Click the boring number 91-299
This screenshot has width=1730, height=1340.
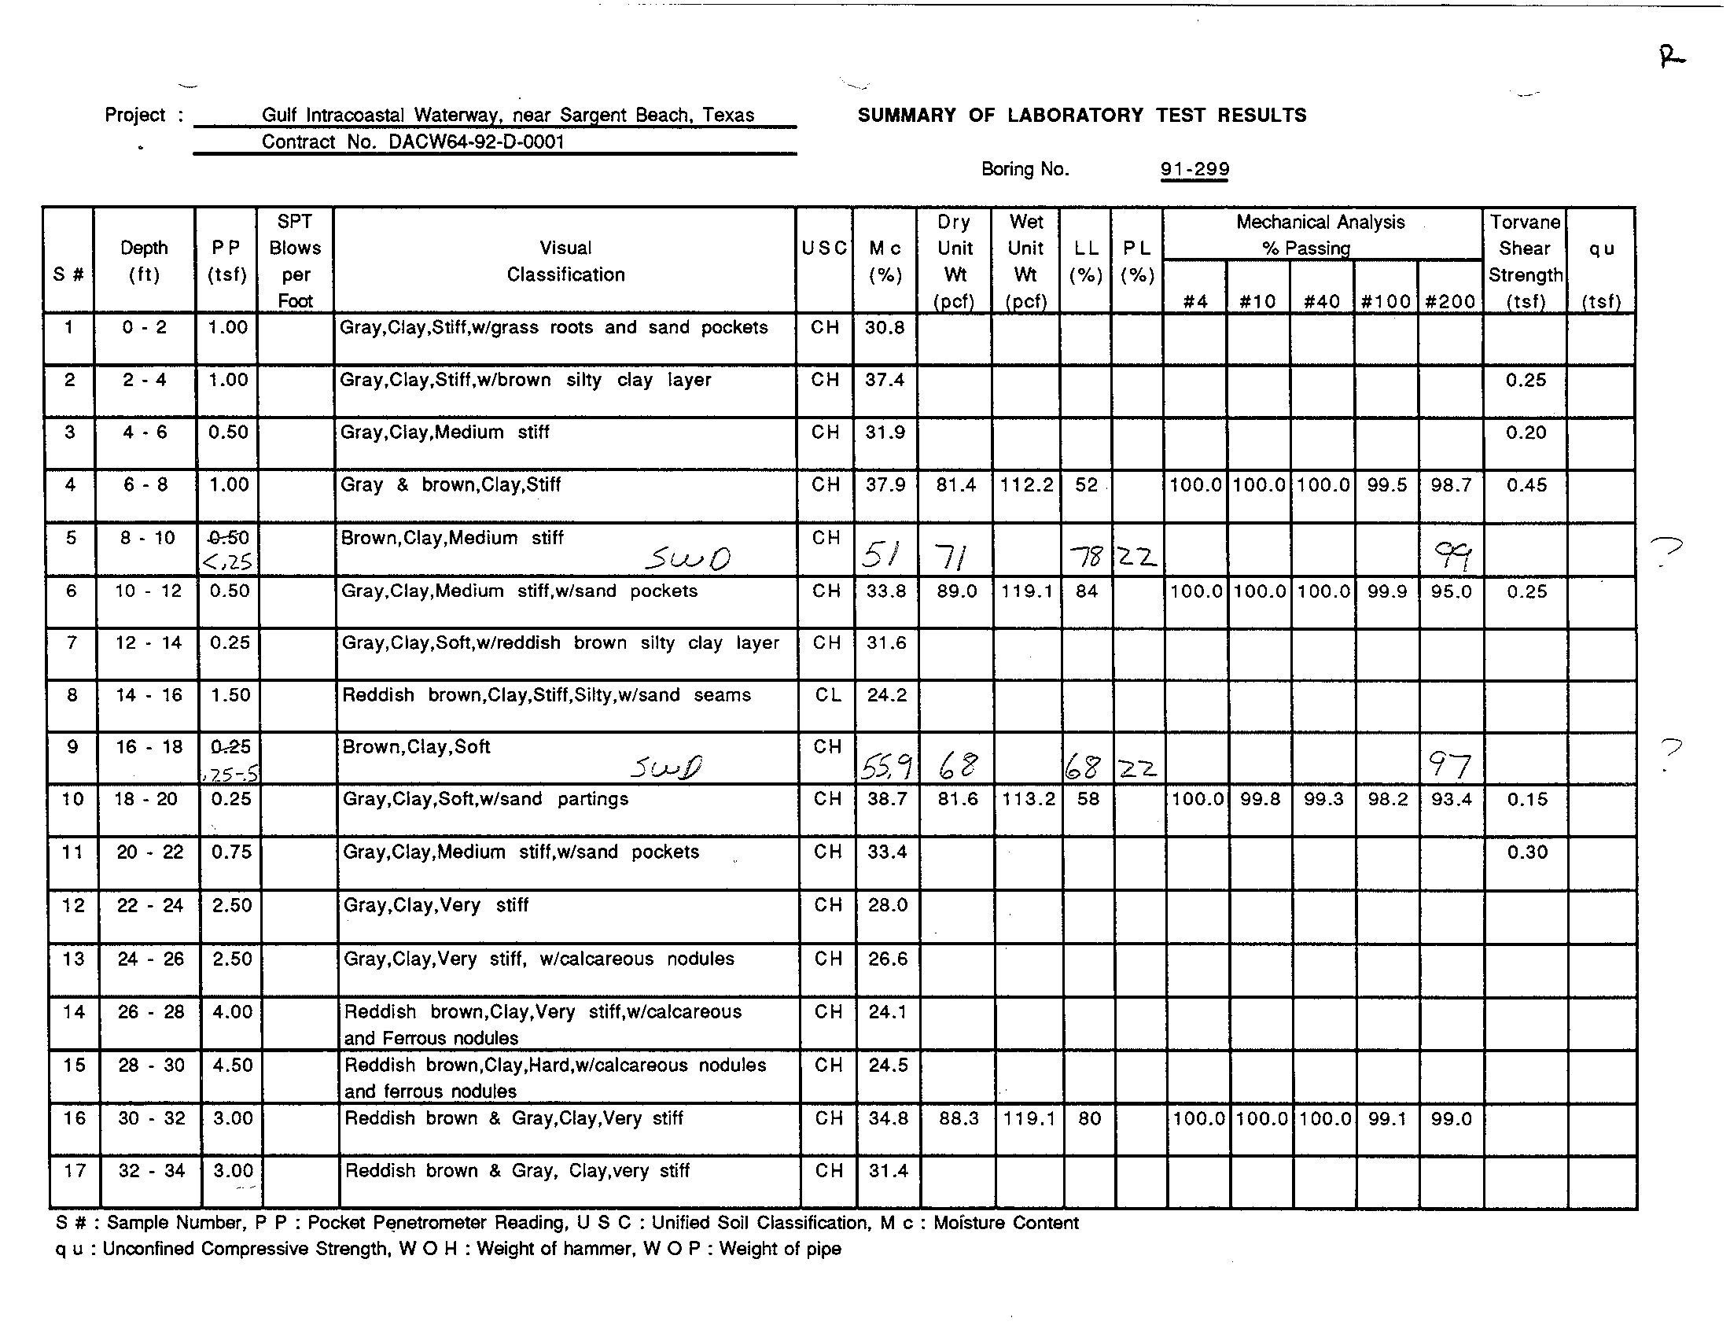[x=1194, y=169]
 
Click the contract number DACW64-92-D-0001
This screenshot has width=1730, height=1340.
[x=475, y=142]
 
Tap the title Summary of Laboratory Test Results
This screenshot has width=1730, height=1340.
[x=1082, y=116]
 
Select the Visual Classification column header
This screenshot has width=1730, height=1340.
[x=565, y=261]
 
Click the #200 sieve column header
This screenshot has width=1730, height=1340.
[x=1449, y=301]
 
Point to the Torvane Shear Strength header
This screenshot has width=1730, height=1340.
[x=1525, y=261]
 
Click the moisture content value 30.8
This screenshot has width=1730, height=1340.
[x=885, y=328]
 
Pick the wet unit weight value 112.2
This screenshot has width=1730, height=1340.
[x=1025, y=484]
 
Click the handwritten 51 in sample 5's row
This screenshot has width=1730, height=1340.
[x=881, y=556]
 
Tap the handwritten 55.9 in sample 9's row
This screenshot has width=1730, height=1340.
[x=886, y=766]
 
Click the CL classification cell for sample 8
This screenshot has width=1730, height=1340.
[x=828, y=695]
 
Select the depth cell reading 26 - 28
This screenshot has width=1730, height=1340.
[x=150, y=1011]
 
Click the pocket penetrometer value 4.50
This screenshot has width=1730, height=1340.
[x=232, y=1065]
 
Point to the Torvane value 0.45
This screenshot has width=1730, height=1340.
[x=1526, y=484]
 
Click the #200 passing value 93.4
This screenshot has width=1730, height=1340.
[x=1451, y=799]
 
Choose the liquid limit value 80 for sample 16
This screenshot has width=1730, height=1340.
[x=1090, y=1118]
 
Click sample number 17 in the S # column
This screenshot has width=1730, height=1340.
[x=75, y=1170]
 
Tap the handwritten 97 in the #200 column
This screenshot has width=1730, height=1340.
[x=1449, y=765]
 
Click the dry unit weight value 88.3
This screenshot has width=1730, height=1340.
[x=958, y=1118]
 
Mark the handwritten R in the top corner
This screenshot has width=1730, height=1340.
[x=1671, y=57]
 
